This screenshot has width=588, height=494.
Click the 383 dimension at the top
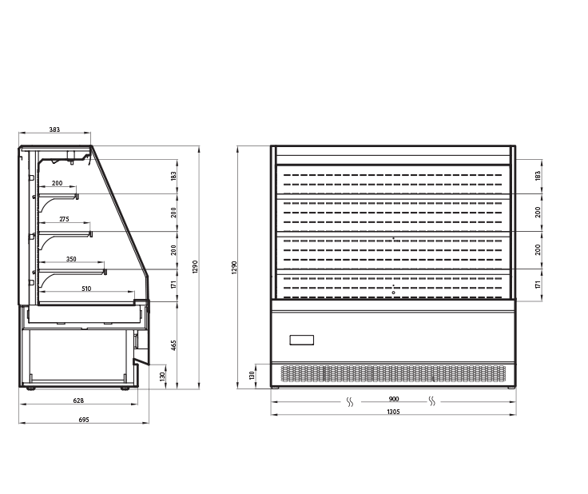[54, 129]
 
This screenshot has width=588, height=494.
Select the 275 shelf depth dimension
[64, 219]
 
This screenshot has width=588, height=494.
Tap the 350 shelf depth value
[71, 259]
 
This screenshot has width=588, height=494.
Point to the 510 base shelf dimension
[86, 289]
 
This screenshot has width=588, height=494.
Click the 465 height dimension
[173, 345]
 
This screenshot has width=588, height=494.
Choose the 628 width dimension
[78, 400]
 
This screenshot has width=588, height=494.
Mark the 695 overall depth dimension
[84, 420]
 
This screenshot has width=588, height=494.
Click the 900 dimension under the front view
[394, 399]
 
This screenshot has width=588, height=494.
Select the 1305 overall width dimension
[393, 412]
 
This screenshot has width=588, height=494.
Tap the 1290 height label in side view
[195, 267]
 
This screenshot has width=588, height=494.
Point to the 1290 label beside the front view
[234, 268]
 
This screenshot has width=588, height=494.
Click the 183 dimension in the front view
[538, 176]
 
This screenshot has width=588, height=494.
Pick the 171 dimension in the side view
[173, 285]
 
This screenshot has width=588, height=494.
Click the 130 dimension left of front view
[252, 376]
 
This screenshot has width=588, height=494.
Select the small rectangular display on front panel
[302, 341]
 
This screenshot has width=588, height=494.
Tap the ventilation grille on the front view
[393, 373]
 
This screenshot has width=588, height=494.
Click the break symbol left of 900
[350, 402]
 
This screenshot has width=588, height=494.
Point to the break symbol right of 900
[432, 401]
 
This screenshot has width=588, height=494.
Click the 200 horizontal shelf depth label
[57, 183]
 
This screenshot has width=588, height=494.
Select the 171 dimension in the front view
[538, 285]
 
